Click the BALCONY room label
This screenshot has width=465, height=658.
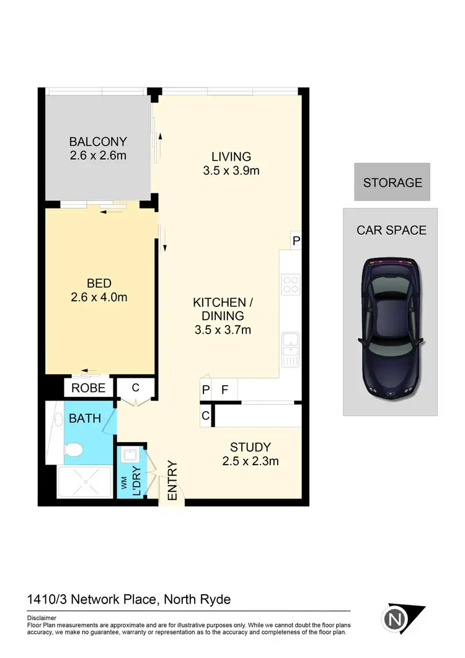coord(98,141)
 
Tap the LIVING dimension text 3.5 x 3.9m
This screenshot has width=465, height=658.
coord(231,171)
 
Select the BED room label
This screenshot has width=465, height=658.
coord(99,283)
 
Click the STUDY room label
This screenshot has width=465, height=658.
coord(250,447)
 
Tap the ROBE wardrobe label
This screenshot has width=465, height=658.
coord(88,389)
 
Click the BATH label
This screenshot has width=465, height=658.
coord(85,418)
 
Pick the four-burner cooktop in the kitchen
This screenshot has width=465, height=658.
coord(290,284)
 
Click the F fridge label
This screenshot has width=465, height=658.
coord(225,390)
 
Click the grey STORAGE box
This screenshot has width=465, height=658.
coord(392,182)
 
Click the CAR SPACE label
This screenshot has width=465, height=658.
coord(391,230)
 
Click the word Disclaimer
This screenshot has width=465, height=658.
coord(42,618)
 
